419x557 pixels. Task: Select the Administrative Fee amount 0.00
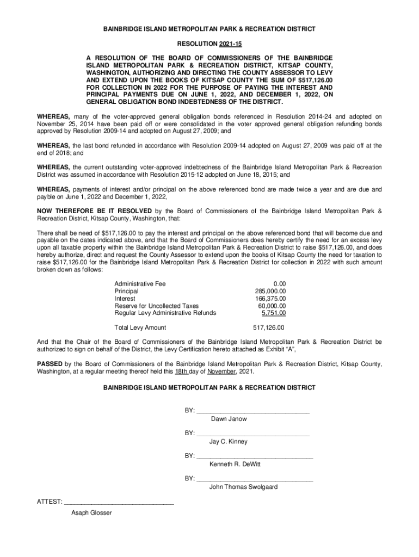[280, 284]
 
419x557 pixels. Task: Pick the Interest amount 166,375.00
[270, 299]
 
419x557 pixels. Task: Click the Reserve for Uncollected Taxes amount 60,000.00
[272, 306]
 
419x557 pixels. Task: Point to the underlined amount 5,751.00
[274, 313]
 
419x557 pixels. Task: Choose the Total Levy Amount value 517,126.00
[269, 328]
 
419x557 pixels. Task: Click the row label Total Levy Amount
[140, 328]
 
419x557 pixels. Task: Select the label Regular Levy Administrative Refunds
[165, 313]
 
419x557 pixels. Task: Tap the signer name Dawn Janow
[229, 419]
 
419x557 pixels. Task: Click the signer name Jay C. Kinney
[228, 442]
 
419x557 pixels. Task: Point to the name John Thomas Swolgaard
[243, 487]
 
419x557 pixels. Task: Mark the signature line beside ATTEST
[119, 504]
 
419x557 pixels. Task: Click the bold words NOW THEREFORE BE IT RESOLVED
[95, 211]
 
